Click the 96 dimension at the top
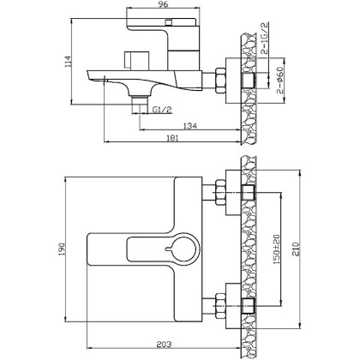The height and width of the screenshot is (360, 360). pyautogui.click(x=163, y=3)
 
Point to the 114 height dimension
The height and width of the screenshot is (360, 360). pyautogui.click(x=68, y=62)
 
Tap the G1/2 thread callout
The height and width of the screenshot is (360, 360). pyautogui.click(x=162, y=110)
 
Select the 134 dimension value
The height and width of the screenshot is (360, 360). pyautogui.click(x=190, y=125)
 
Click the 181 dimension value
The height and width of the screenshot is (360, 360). pyautogui.click(x=172, y=138)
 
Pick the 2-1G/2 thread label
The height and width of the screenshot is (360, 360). pyautogui.click(x=265, y=39)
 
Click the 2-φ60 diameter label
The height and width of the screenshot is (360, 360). pyautogui.click(x=280, y=81)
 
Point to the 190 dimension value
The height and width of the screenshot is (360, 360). pyautogui.click(x=62, y=249)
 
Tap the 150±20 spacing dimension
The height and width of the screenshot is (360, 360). pyautogui.click(x=277, y=249)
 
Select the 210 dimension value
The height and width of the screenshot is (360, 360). pyautogui.click(x=295, y=249)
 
